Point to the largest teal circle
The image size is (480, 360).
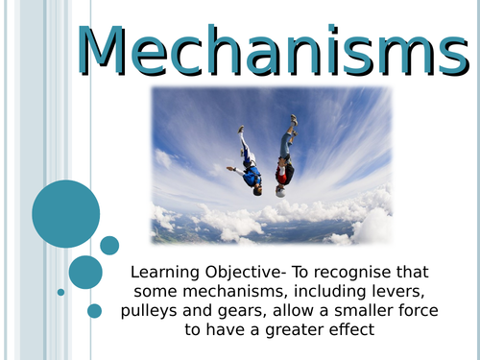[65, 213]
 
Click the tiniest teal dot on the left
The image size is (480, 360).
[60, 292]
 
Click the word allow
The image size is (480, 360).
[284, 311]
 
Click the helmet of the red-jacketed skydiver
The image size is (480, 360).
[280, 190]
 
